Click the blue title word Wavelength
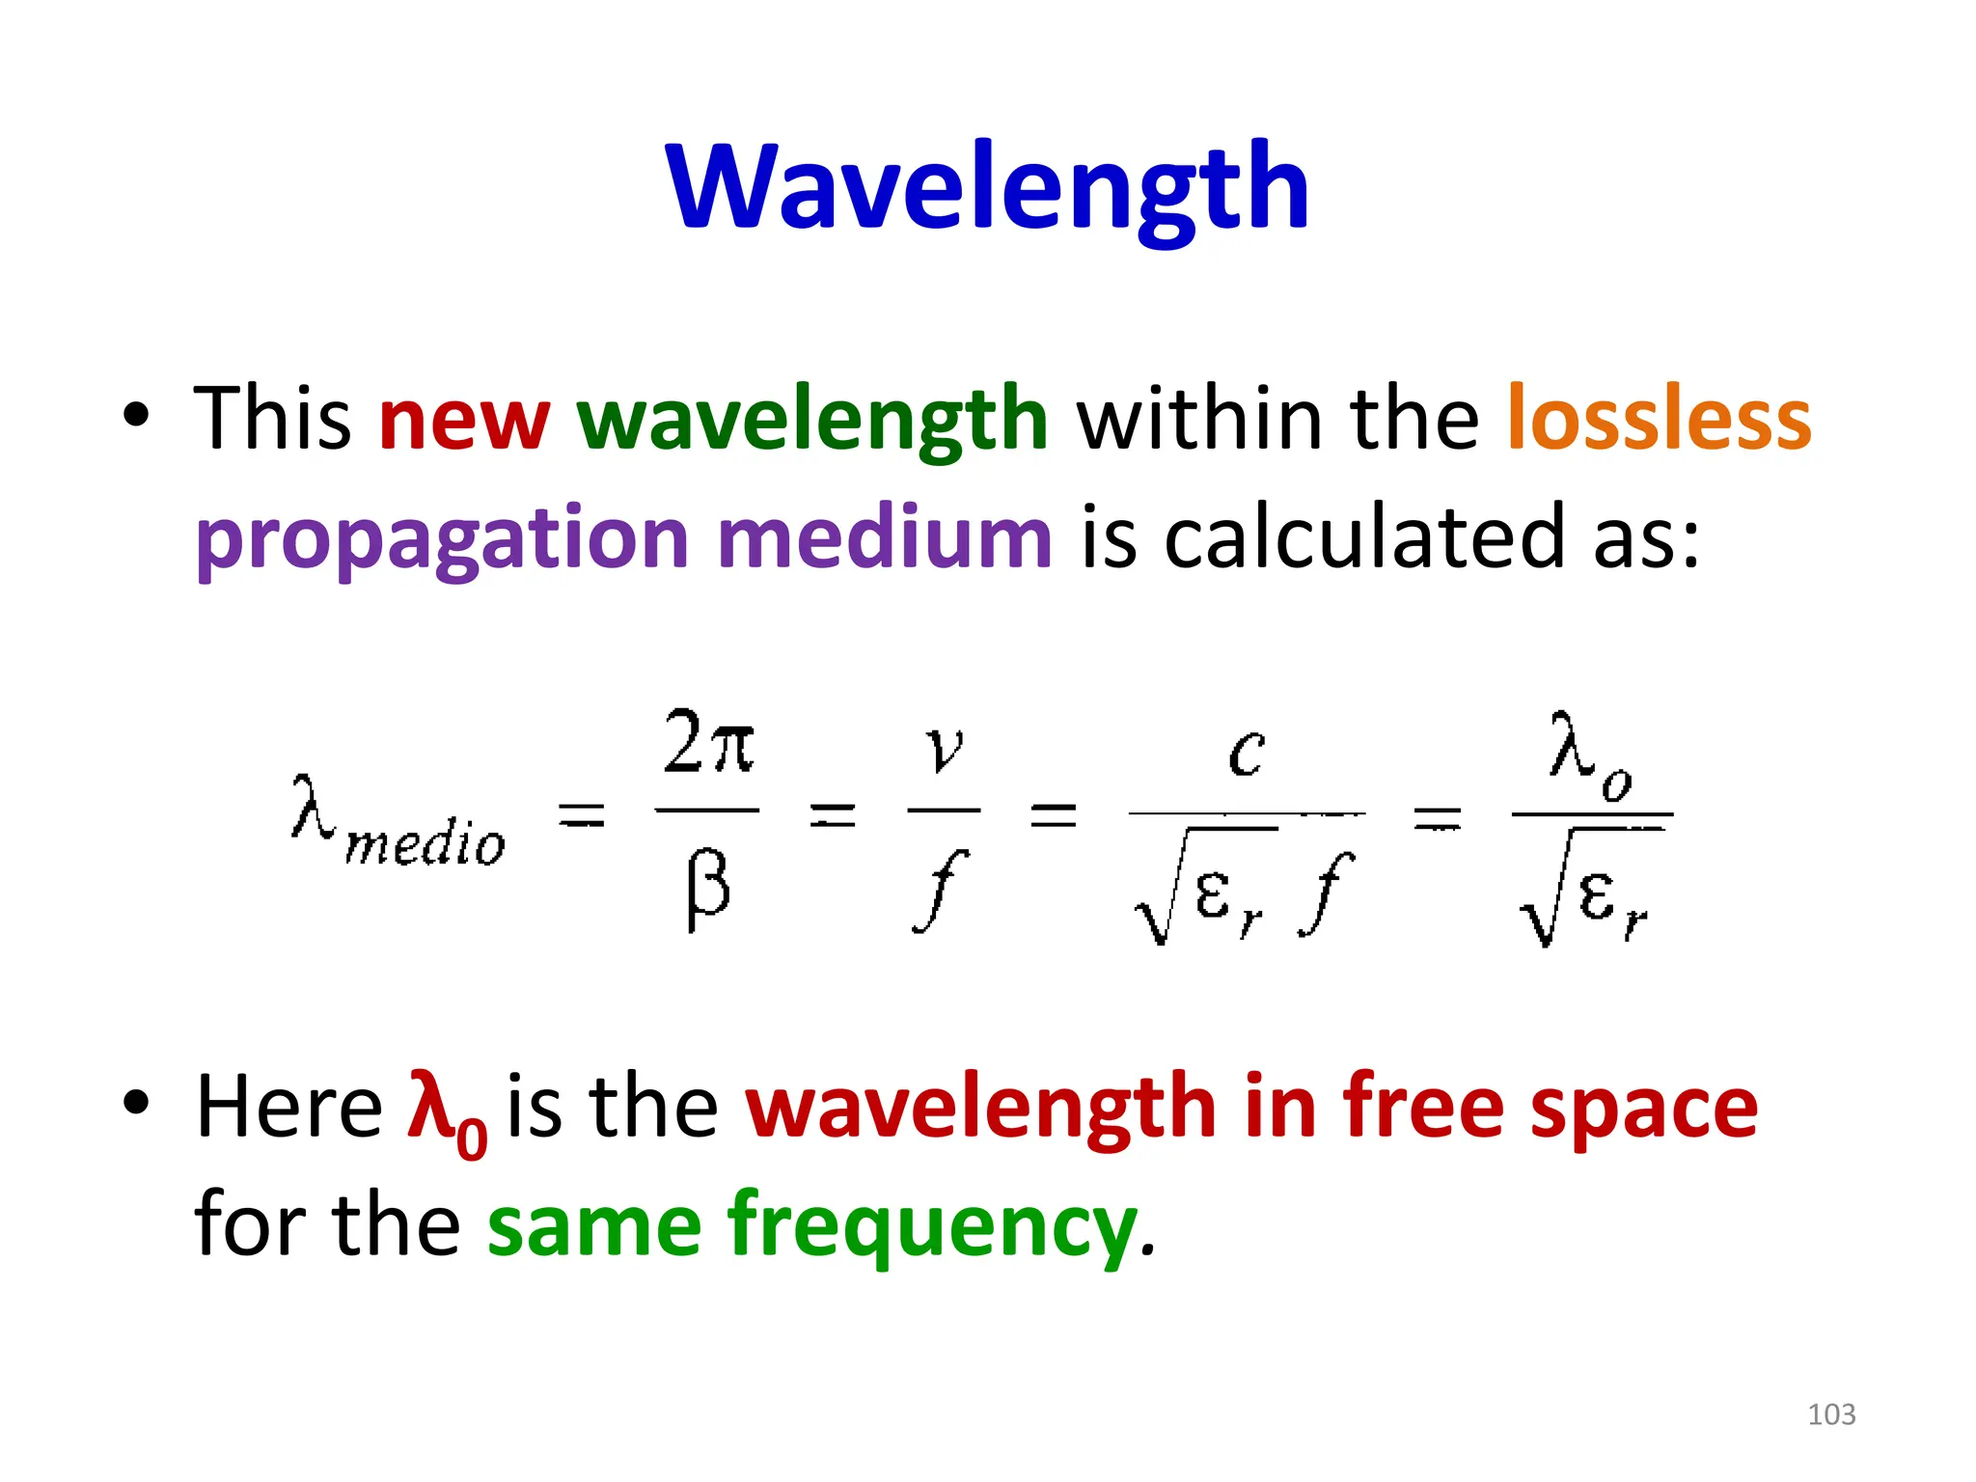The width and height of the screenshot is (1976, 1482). [x=987, y=188]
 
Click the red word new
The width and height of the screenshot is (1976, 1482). [x=464, y=420]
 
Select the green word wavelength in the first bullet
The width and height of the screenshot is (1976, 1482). [x=812, y=420]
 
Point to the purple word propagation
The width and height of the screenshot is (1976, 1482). [x=442, y=538]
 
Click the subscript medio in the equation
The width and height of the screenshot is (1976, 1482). [x=425, y=844]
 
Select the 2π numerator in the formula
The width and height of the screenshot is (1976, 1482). [x=708, y=743]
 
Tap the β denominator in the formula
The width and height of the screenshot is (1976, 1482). [x=707, y=889]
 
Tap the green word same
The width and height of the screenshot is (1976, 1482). [x=594, y=1225]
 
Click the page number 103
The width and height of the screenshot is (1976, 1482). [x=1830, y=1414]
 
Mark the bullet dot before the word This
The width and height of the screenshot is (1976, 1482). [x=136, y=415]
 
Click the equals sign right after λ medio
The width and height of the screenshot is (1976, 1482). [x=583, y=816]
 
